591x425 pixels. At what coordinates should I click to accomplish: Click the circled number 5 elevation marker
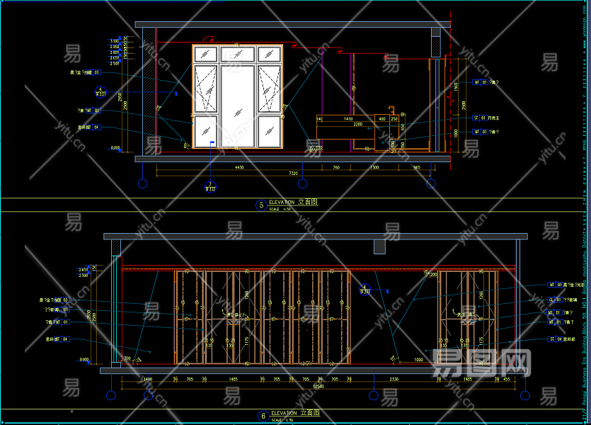[x=261, y=205]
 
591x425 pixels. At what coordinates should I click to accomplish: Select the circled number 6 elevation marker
[x=263, y=416]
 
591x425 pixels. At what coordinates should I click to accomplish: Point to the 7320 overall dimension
[x=292, y=174]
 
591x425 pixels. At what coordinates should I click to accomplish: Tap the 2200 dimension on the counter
[x=358, y=125]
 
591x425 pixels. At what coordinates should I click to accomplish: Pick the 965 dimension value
[x=417, y=168]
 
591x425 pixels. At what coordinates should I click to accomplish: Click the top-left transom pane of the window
[x=205, y=54]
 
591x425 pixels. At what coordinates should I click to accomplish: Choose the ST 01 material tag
[x=481, y=118]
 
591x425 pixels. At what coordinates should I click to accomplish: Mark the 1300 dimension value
[x=374, y=168]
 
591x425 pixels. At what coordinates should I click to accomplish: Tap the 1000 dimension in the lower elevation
[x=419, y=360]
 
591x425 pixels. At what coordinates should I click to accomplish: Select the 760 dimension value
[x=336, y=168]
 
